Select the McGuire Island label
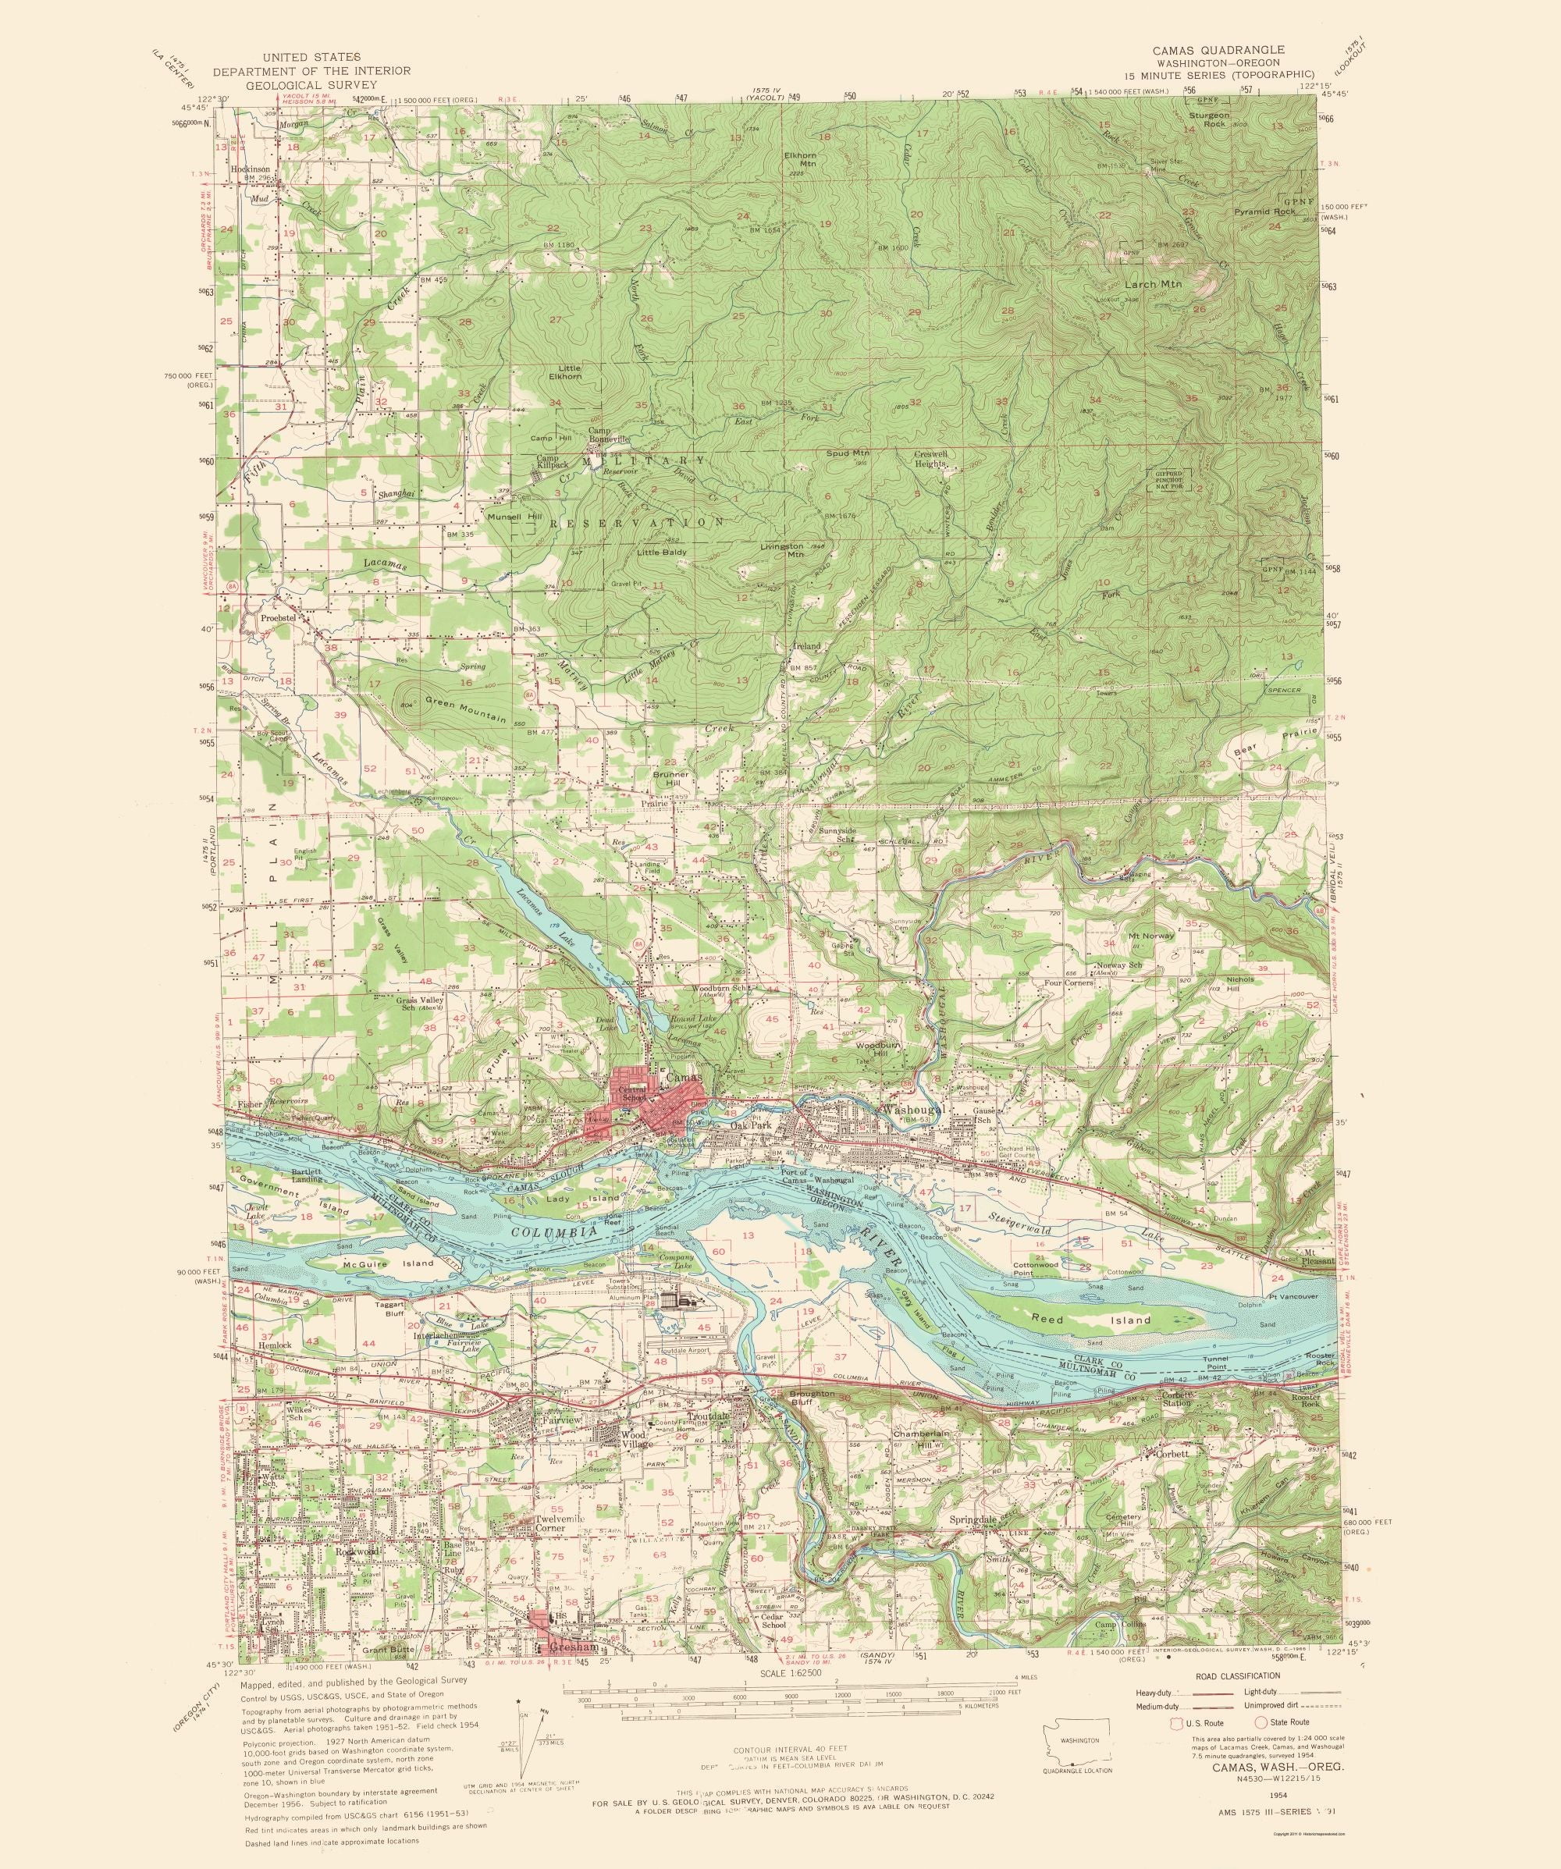click(375, 1263)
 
